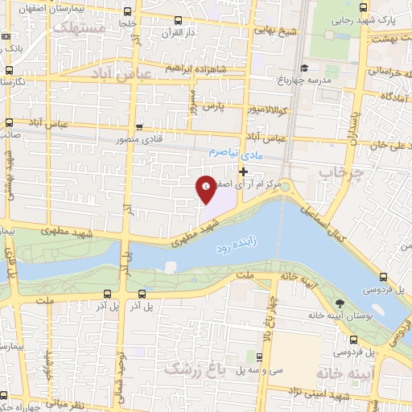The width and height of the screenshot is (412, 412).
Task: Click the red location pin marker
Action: click(206, 189)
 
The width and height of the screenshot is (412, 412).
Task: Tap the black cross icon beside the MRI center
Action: click(243, 171)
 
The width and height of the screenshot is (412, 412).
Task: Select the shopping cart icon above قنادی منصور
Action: click(139, 126)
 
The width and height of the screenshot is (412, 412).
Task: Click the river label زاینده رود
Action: click(233, 251)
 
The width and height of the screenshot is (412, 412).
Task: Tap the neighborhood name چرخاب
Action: click(336, 172)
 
